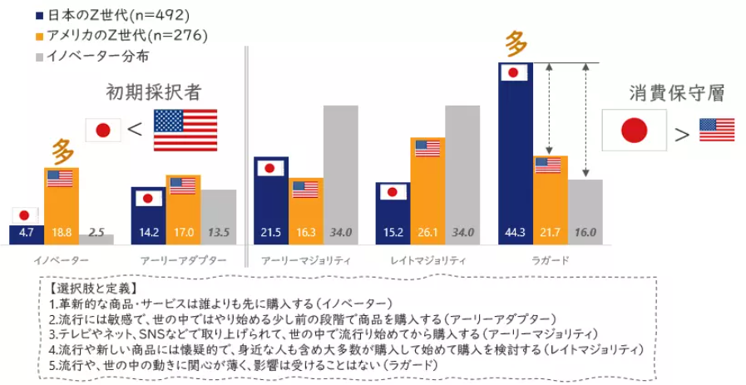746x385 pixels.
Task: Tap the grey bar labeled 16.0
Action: coord(585,208)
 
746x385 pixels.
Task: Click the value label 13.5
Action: coord(218,232)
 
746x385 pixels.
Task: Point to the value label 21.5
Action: coord(270,232)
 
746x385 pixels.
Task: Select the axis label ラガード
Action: coord(551,260)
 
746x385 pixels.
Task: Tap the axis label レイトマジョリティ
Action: coord(427,260)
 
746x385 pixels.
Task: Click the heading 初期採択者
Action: coord(153,91)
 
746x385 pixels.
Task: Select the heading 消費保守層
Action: coord(676,91)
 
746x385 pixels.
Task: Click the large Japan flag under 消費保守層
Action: coord(635,131)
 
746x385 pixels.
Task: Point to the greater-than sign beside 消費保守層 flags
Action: coord(682,134)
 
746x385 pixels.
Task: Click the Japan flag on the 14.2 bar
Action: coord(148,198)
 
